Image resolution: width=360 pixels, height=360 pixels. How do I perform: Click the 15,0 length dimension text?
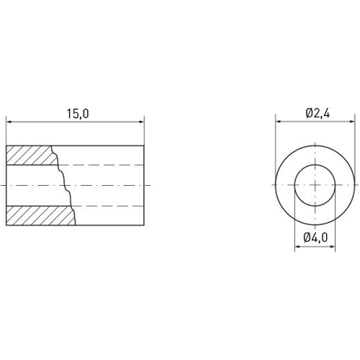point(76,113)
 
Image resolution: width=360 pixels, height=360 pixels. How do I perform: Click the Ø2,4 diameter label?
point(318,113)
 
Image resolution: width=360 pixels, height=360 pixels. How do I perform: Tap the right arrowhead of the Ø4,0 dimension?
point(335,247)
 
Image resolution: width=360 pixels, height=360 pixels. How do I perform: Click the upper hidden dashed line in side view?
point(108,165)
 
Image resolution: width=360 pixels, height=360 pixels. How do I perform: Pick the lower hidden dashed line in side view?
point(108,206)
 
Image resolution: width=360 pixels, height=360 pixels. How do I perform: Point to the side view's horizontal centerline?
point(108,186)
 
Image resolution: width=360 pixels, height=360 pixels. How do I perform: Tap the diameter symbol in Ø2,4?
point(308,113)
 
